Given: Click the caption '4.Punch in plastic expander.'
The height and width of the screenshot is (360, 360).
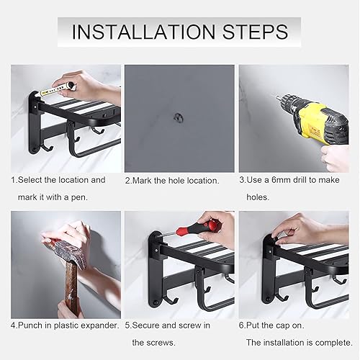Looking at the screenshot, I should point(65,325).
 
